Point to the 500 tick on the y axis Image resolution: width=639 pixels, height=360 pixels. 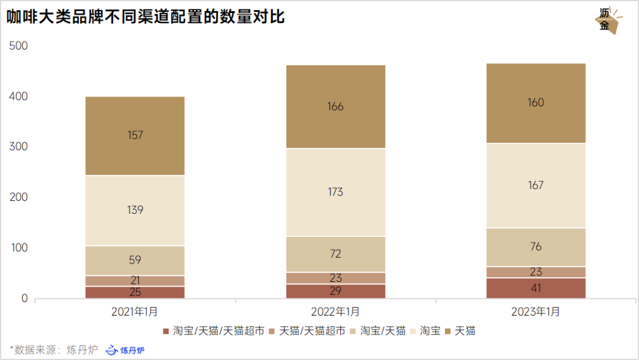click(20, 46)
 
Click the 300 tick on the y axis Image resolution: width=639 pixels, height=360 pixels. click(20, 147)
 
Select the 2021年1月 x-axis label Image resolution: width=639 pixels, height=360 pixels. click(135, 311)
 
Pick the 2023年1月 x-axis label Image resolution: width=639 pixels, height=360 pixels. click(535, 311)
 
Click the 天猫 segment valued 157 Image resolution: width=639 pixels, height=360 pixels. click(135, 136)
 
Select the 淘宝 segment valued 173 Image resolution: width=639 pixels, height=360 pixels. click(335, 192)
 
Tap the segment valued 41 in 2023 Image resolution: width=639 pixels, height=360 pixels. click(535, 288)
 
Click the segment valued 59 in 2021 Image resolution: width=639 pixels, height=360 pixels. click(135, 261)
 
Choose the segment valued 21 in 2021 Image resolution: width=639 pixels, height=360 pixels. click(135, 281)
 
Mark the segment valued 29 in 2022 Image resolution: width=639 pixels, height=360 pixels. click(335, 291)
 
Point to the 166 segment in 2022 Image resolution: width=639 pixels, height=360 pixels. click(335, 107)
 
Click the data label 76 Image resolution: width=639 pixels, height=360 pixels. click(535, 247)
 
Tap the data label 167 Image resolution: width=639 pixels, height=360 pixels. click(535, 185)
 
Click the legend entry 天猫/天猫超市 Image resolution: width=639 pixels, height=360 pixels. click(311, 331)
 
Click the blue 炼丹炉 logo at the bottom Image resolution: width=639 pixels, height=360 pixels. click(125, 350)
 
